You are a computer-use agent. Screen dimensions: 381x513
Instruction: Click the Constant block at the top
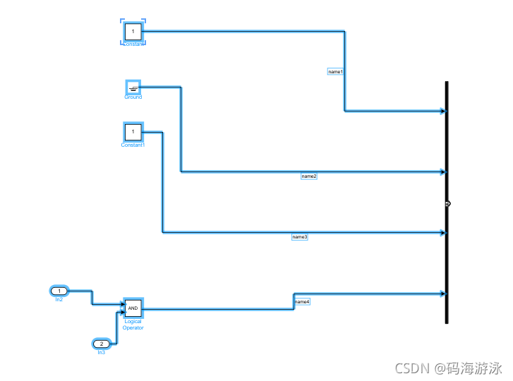(133, 32)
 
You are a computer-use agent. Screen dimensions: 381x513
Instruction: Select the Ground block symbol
(133, 87)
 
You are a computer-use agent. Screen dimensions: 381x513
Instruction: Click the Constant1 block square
(133, 132)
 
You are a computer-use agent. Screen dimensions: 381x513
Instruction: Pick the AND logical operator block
(133, 308)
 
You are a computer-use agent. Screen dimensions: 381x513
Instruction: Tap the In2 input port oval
(59, 291)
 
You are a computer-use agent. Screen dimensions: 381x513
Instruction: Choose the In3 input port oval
(102, 344)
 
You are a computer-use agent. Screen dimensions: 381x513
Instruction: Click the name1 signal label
(336, 72)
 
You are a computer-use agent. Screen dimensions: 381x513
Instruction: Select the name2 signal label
(309, 176)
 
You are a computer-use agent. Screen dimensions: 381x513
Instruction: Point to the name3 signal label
(300, 237)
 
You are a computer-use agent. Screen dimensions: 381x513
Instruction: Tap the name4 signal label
(302, 302)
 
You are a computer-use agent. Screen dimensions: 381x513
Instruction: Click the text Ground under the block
(133, 97)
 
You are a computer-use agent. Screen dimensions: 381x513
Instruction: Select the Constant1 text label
(133, 145)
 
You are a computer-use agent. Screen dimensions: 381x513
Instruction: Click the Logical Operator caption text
(133, 325)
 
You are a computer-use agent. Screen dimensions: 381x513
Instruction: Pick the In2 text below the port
(59, 300)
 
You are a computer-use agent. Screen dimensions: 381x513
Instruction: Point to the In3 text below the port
(102, 352)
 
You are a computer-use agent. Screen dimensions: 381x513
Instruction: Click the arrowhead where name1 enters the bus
(442, 111)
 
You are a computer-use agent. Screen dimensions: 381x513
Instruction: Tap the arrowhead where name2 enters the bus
(442, 171)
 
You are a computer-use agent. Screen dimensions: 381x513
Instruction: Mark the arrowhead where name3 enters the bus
(442, 233)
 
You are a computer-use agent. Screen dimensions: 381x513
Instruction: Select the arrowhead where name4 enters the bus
(442, 294)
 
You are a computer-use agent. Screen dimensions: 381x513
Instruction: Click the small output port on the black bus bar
(448, 203)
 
